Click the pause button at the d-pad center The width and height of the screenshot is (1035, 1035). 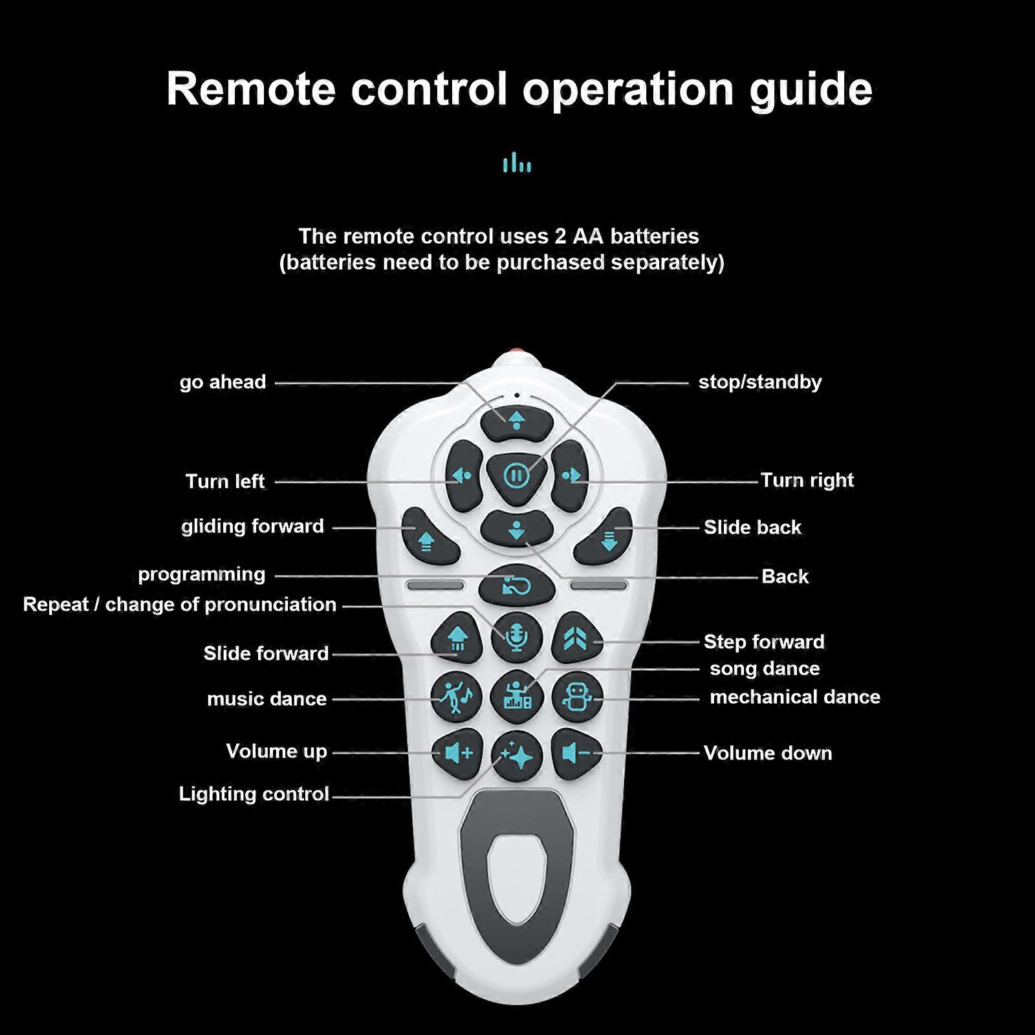pyautogui.click(x=516, y=477)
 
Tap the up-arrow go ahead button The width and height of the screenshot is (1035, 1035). pyautogui.click(x=516, y=421)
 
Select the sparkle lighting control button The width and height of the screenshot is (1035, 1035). pyautogui.click(x=517, y=755)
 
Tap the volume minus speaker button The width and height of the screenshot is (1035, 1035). pyautogui.click(x=576, y=752)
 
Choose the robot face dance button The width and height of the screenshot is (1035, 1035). pyautogui.click(x=577, y=697)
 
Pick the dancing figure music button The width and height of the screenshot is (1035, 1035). pyautogui.click(x=457, y=697)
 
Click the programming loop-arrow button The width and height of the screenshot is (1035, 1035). pyautogui.click(x=516, y=586)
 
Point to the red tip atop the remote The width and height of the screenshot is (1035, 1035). pyautogui.click(x=516, y=352)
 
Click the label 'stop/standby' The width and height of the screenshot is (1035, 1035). pyautogui.click(x=759, y=382)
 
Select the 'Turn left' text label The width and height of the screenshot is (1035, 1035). pyautogui.click(x=224, y=481)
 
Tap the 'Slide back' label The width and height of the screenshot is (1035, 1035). pyautogui.click(x=752, y=527)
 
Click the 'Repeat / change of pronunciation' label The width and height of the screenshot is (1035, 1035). pyautogui.click(x=180, y=604)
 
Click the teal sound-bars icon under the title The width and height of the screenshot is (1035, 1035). pyautogui.click(x=517, y=163)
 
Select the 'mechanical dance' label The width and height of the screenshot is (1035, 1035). pyautogui.click(x=794, y=697)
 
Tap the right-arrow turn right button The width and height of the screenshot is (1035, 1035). pyautogui.click(x=571, y=476)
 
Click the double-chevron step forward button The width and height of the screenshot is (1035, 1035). pyautogui.click(x=577, y=638)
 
